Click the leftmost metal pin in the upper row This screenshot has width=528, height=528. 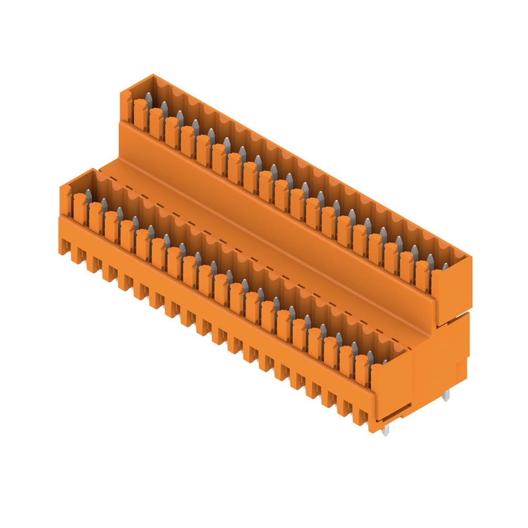click(148, 99)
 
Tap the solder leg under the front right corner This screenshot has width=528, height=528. click(386, 431)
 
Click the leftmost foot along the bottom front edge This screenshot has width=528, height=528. click(67, 247)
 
